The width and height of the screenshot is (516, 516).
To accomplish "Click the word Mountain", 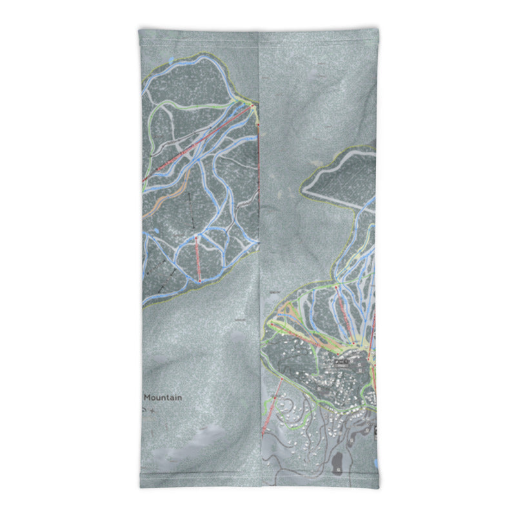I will [162, 398].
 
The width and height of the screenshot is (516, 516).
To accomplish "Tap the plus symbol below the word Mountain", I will [152, 410].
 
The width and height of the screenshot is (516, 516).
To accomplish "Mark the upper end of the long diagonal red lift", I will [252, 104].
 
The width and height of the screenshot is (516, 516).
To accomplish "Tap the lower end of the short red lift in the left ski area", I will [200, 281].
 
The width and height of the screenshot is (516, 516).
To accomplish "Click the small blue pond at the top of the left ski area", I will [169, 59].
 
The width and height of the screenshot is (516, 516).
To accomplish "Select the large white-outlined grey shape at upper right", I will [339, 174].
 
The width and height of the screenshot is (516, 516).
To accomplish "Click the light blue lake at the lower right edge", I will [376, 463].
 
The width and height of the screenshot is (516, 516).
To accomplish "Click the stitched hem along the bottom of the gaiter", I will [258, 486].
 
